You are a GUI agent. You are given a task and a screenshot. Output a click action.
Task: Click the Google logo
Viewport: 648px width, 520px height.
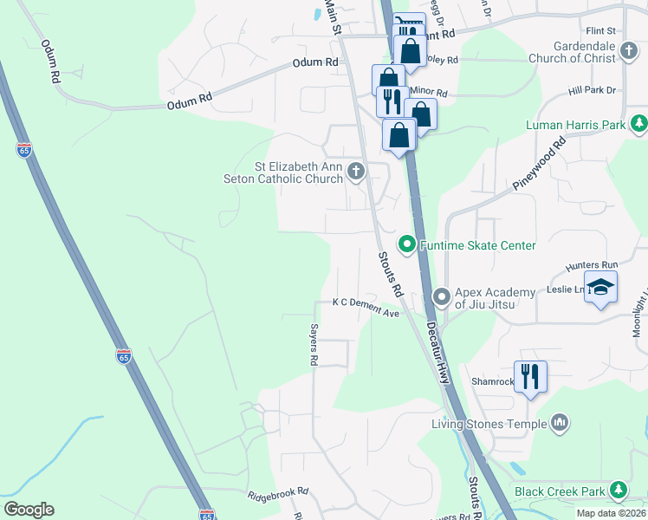(29, 510)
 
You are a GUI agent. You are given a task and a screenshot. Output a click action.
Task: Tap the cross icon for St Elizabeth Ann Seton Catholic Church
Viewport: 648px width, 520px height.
(355, 172)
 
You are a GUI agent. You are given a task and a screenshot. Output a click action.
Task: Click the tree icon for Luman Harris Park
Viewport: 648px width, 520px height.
(638, 125)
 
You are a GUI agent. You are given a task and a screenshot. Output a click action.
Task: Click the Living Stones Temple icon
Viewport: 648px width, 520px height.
(560, 423)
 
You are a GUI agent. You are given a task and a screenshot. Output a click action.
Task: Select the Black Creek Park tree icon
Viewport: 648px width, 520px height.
(618, 491)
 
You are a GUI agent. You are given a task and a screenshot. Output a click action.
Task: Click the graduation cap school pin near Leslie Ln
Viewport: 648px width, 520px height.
(599, 286)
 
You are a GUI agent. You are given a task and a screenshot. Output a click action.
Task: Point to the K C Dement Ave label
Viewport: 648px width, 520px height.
(366, 302)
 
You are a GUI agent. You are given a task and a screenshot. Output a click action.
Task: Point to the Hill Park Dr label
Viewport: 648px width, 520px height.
(592, 89)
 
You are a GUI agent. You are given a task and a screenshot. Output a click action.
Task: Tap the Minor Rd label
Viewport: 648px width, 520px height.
(429, 92)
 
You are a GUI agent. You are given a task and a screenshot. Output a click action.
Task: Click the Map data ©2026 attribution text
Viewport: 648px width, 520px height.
(610, 513)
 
